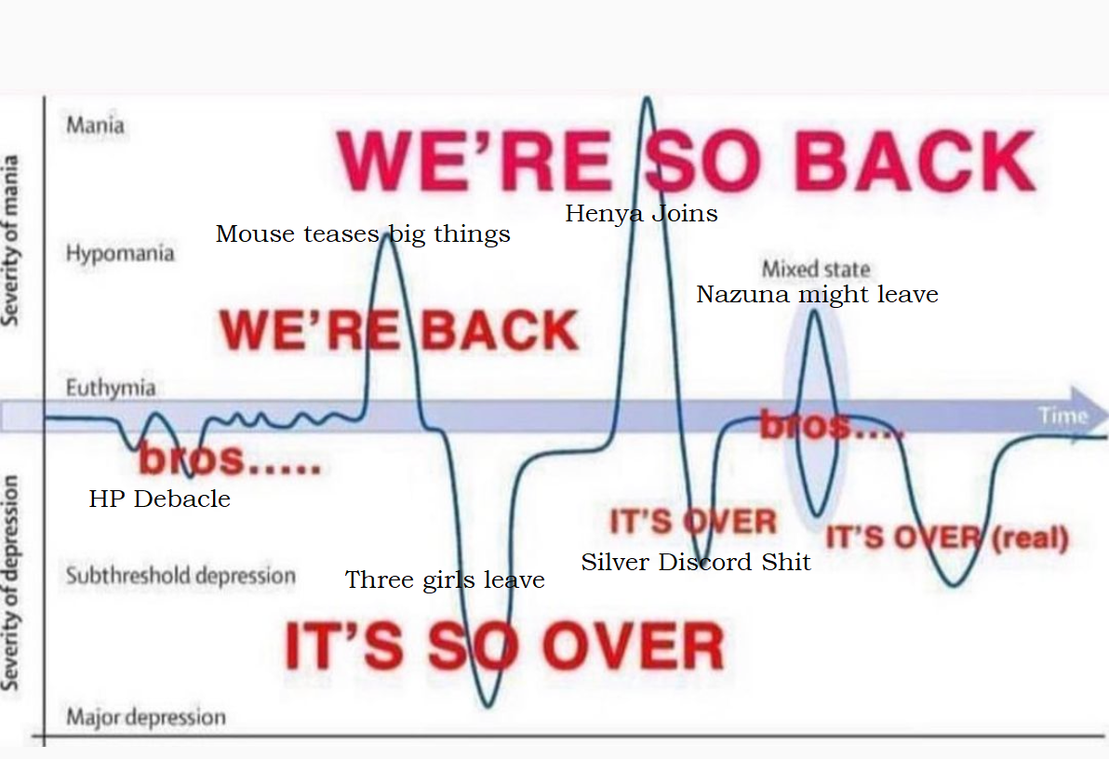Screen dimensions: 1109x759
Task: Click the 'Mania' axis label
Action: coord(96,126)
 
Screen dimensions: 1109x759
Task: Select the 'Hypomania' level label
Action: coord(119,252)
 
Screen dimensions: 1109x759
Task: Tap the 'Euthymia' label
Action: coord(111,387)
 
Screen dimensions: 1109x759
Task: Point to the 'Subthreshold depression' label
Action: coord(180,575)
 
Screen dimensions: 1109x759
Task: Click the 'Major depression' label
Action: coord(146,716)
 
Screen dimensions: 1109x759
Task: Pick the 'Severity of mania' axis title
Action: coord(10,241)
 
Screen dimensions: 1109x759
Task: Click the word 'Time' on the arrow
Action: coord(1062,415)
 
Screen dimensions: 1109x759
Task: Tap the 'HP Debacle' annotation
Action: coord(160,499)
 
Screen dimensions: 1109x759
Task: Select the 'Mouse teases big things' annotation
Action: coord(363,233)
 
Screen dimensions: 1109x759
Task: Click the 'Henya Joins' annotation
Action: coord(642,213)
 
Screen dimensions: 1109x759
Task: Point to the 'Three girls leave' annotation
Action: coord(445,580)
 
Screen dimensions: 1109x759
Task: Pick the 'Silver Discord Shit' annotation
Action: coord(696,562)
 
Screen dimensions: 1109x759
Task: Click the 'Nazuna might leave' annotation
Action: coord(818,294)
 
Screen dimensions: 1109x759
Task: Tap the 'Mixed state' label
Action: coord(816,269)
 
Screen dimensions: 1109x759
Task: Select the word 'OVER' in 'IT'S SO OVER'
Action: coord(633,646)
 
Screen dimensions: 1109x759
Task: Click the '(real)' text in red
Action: coord(1030,539)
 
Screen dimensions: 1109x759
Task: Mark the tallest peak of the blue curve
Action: coord(647,98)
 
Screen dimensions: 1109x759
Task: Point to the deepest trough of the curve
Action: coord(488,705)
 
